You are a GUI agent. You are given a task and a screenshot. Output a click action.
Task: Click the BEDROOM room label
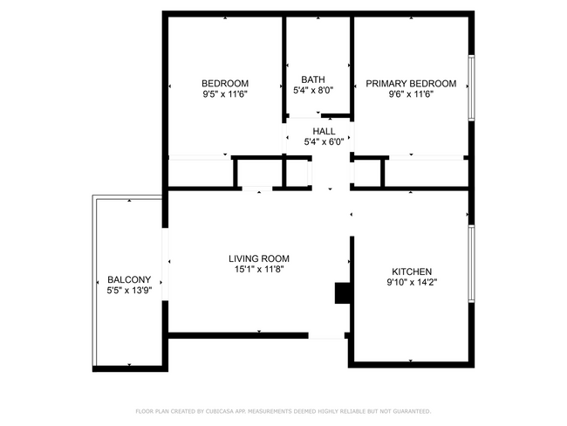[225, 83]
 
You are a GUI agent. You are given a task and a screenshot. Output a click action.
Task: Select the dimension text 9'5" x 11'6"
[225, 93]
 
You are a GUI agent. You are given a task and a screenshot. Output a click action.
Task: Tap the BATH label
[312, 79]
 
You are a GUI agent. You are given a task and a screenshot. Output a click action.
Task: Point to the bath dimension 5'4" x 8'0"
[312, 89]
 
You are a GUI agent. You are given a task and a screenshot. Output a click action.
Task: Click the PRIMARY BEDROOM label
[410, 83]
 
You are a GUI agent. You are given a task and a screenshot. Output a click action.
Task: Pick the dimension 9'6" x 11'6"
[410, 93]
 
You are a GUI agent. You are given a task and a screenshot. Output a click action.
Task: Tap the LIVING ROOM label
[258, 258]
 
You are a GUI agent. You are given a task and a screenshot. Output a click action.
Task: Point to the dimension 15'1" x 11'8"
[258, 269]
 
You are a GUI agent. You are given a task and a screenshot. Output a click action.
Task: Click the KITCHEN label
[411, 271]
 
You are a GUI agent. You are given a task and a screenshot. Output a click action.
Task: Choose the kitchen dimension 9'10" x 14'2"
[411, 282]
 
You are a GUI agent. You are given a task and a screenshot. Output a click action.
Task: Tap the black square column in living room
[341, 293]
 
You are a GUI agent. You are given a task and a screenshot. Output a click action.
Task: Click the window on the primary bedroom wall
[471, 87]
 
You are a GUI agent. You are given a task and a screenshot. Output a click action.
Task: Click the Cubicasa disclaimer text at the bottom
[283, 410]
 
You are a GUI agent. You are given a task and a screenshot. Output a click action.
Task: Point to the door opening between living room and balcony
[166, 264]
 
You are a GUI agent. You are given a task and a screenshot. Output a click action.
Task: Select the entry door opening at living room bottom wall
[327, 334]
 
